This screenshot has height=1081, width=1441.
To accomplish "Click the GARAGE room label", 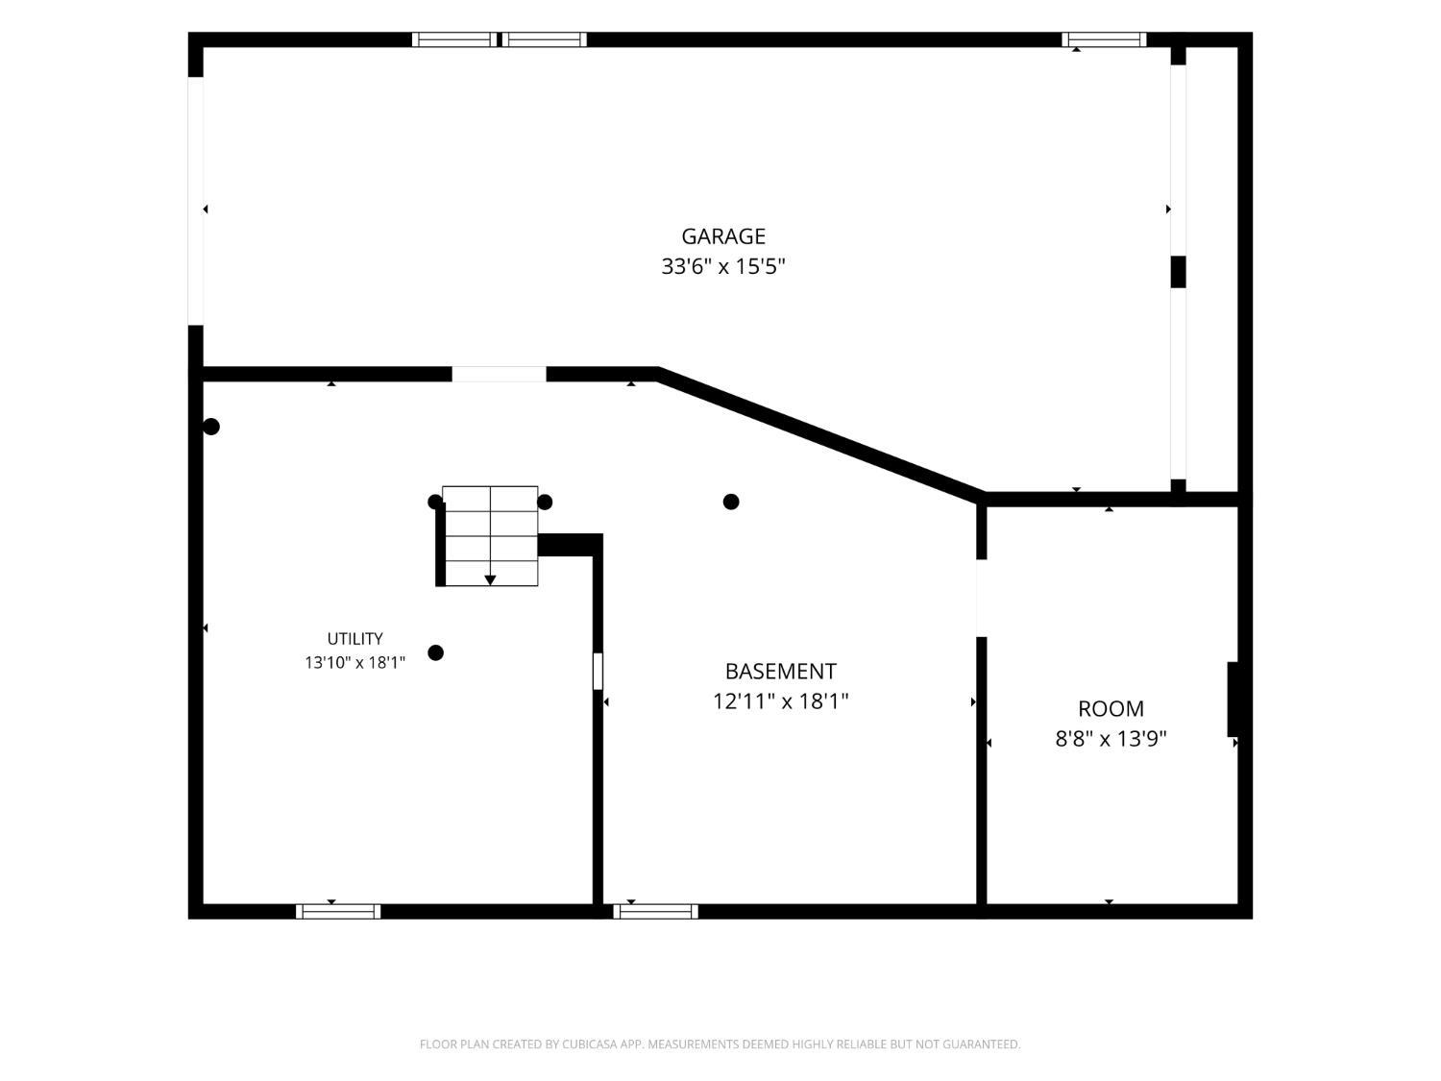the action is tap(722, 236).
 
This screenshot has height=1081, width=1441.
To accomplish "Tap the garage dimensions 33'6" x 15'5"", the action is tap(722, 267).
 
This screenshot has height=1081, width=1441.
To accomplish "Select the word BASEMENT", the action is tap(781, 672).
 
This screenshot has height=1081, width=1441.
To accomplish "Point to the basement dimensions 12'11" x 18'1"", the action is tap(781, 701).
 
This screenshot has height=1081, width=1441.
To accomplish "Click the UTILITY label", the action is tap(355, 639).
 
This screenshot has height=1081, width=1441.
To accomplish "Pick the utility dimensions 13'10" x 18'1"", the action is tap(355, 663).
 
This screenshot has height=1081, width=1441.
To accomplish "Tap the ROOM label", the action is tap(1111, 709).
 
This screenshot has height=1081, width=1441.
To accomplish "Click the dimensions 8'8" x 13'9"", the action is tap(1111, 740).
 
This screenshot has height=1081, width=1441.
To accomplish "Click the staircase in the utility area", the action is tap(490, 535).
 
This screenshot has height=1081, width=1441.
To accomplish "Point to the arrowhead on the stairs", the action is tap(490, 579).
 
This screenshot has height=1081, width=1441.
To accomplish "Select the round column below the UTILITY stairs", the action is tap(436, 653).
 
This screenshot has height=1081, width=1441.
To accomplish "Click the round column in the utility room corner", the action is tap(210, 428).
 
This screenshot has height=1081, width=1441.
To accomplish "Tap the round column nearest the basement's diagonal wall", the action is tap(731, 503).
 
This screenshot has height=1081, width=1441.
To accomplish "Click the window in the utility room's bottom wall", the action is tap(338, 912).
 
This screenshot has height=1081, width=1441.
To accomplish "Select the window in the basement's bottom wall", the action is tap(656, 912).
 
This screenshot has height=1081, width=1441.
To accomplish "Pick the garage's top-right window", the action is tap(1104, 39).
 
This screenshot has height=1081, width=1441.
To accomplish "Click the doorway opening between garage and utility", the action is tap(499, 374).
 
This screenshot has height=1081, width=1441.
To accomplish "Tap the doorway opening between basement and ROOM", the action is tap(982, 598).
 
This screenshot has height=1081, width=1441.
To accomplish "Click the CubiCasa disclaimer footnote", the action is tap(720, 1044).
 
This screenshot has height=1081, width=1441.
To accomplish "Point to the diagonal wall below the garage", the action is tap(820, 436).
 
